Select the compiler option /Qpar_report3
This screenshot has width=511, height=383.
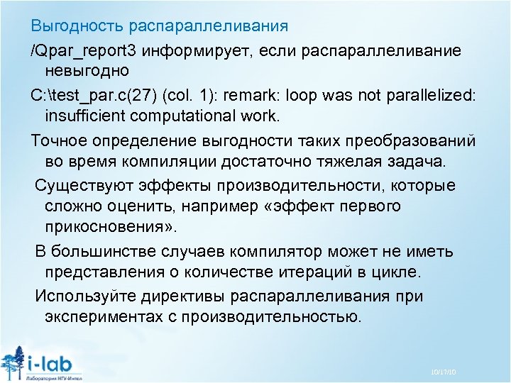point(84,52)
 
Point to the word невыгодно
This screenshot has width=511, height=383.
point(87,71)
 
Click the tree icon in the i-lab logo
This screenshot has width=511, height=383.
point(13,362)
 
